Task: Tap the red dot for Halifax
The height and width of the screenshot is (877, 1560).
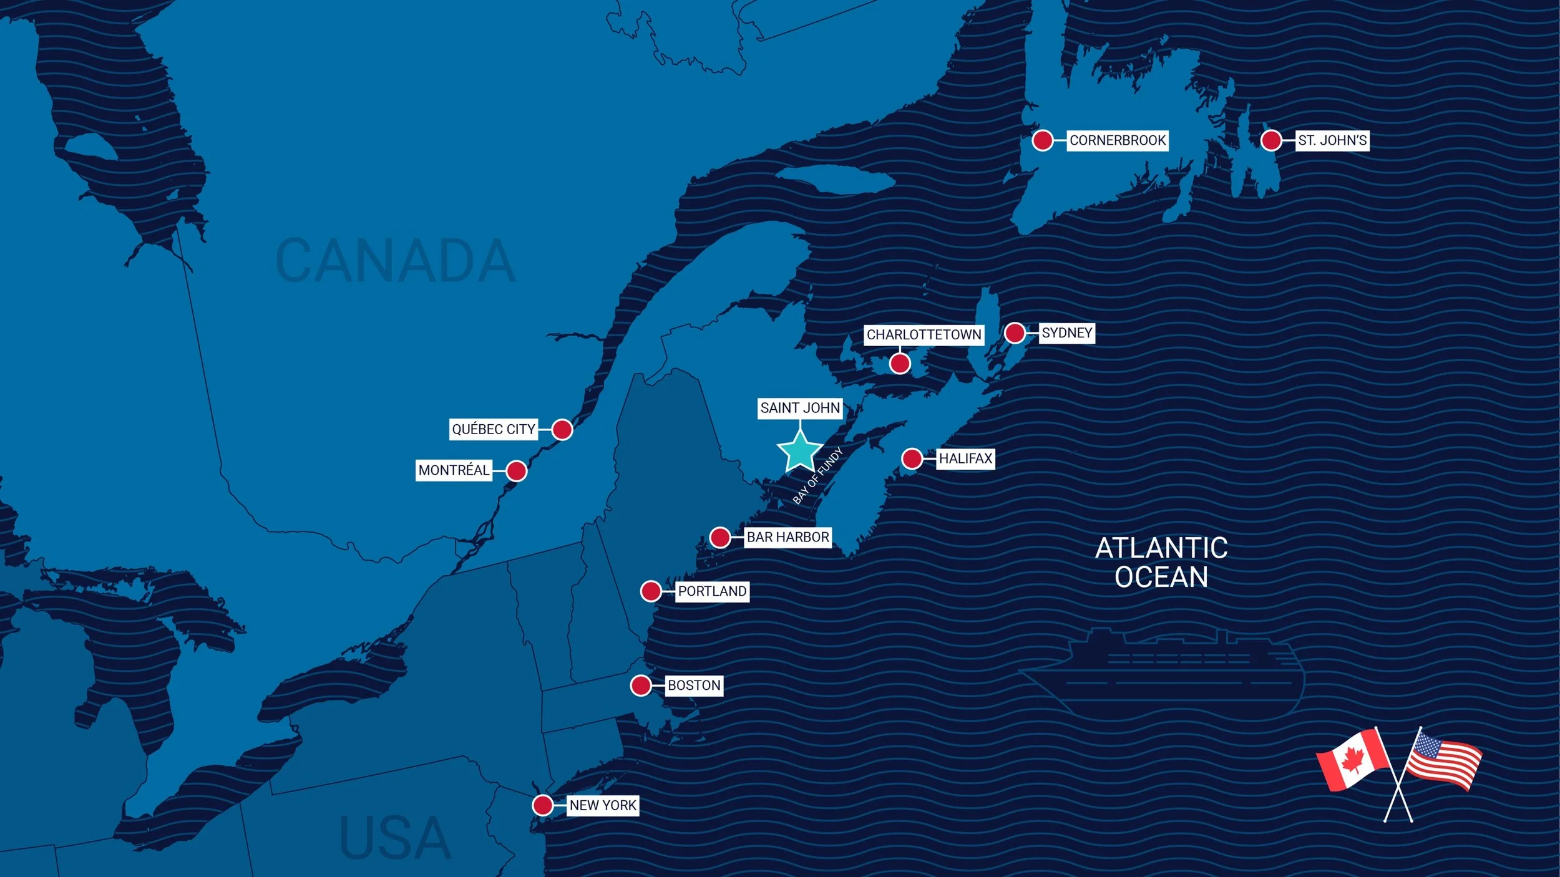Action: [x=912, y=458]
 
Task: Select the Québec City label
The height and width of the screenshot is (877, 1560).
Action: [x=493, y=429]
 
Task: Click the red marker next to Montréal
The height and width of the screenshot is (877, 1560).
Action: [x=516, y=470]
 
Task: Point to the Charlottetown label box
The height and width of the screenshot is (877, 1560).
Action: [x=924, y=334]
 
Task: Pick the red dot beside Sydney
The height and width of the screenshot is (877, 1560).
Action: [x=1015, y=332]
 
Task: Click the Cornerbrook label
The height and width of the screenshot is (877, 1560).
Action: [x=1117, y=140]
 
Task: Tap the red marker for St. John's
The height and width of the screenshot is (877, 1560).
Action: [x=1271, y=140]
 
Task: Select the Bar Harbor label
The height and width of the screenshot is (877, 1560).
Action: [x=787, y=537]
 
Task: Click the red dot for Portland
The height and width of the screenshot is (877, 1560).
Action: [x=651, y=591]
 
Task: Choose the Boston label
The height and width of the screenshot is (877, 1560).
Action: [x=694, y=685]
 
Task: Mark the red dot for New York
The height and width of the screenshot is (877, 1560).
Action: [x=542, y=805]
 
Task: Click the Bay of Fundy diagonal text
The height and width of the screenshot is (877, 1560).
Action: [x=817, y=476]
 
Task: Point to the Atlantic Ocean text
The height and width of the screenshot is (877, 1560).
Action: [x=1161, y=562]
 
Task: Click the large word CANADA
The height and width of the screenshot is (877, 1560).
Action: [x=395, y=261]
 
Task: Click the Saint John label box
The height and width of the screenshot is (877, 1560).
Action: [x=800, y=408]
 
